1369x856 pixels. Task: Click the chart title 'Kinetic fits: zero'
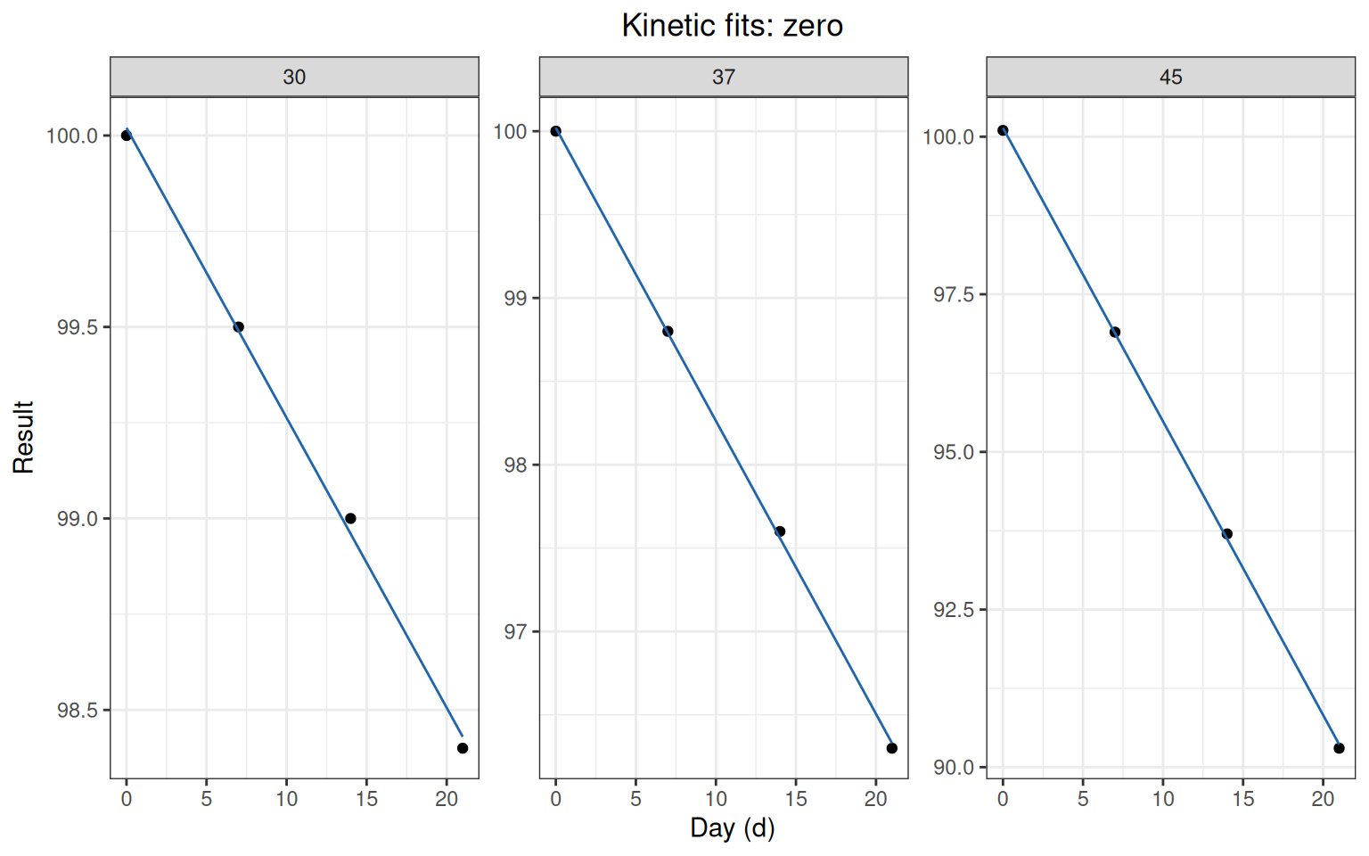732,26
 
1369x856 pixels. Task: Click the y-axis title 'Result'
23,437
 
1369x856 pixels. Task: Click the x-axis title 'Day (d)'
732,828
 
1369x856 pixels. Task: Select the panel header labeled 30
294,77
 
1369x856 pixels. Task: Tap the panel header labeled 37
724,77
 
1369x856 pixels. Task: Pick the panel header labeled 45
1170,77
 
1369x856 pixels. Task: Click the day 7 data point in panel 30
238,327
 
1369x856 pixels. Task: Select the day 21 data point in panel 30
463,748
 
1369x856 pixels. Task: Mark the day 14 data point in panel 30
350,518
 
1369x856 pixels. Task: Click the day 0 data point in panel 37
555,131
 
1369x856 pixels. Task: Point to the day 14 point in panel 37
780,531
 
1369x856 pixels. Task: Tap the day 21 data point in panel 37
891,748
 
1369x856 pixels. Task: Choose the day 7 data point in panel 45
1115,332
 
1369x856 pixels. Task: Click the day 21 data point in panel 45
1339,748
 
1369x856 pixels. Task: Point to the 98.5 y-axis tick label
78,711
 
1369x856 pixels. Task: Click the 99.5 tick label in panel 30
78,328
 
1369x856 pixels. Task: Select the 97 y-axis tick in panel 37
515,631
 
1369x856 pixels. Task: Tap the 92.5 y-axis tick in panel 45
954,610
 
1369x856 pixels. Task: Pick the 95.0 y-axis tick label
954,452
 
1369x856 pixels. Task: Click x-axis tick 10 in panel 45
1163,799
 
